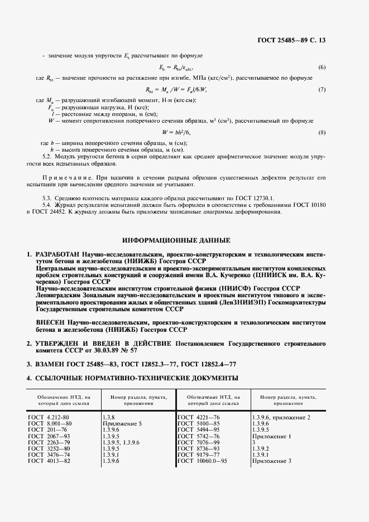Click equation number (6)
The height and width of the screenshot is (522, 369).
(322, 67)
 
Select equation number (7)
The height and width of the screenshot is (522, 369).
(322, 89)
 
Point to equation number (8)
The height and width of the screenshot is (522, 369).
(322, 132)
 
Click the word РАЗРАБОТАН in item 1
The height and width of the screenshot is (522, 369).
(59, 254)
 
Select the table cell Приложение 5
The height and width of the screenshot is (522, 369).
(122, 424)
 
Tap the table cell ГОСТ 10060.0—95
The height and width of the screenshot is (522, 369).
(203, 461)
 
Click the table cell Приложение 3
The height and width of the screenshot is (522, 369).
(272, 461)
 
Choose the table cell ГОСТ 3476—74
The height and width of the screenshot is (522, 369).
(50, 455)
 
